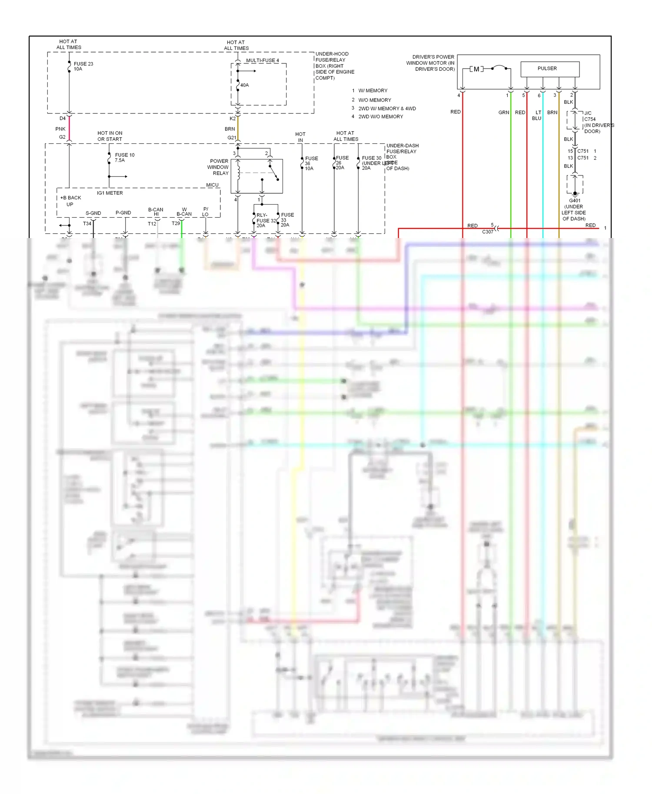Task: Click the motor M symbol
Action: [476, 69]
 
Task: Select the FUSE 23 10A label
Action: [83, 66]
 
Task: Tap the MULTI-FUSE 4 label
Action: [262, 60]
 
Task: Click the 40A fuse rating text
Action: [244, 85]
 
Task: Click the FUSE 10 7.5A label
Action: [124, 158]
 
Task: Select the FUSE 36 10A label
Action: [311, 163]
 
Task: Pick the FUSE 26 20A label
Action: [342, 163]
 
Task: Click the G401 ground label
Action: [574, 201]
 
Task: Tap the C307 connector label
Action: [487, 232]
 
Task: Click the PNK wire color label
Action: [60, 129]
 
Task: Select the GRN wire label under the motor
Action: [503, 112]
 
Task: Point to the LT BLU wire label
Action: [537, 115]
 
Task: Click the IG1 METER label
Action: [110, 193]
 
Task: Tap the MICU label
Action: [212, 185]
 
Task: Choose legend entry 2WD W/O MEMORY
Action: [380, 117]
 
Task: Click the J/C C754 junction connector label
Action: [589, 116]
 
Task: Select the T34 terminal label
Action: [87, 224]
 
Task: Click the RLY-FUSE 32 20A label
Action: [265, 220]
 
